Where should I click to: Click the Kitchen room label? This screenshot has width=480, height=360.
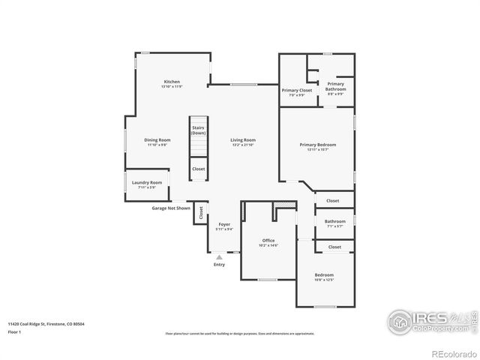coord(172,82)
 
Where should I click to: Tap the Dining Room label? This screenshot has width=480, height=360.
coord(157,140)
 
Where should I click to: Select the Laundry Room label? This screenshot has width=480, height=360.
coord(147,183)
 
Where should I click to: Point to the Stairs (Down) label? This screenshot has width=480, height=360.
coord(198,130)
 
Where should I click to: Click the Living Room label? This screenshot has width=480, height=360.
coord(243,140)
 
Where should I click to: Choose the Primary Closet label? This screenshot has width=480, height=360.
coord(297,91)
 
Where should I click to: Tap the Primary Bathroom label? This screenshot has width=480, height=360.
coord(335,87)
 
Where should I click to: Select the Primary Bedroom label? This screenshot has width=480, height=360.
coord(317,145)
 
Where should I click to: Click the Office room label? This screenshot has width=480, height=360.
coord(268,241)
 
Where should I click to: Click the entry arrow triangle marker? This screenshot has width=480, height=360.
coord(219,257)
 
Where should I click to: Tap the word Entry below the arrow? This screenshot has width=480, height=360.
coord(219,265)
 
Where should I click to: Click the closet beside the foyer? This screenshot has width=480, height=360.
coord(201,213)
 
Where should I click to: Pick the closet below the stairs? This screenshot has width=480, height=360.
coord(198,169)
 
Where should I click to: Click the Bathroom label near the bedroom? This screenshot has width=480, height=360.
coord(335,222)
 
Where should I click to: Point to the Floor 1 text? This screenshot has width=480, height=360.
coord(15,331)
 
